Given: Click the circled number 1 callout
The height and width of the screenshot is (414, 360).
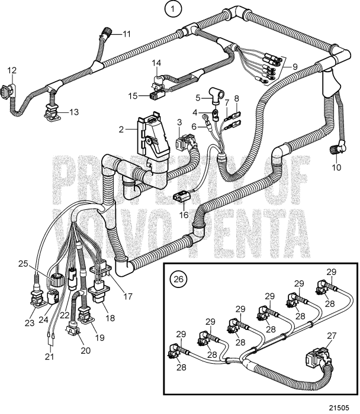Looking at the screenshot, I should (x=172, y=9).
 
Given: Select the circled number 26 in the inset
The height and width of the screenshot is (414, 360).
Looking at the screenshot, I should (x=177, y=276).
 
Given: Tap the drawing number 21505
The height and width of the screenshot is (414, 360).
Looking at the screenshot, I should (x=341, y=406).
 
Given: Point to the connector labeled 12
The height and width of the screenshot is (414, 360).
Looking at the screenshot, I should (x=13, y=93).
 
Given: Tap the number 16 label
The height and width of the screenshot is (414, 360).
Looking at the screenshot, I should (x=184, y=215).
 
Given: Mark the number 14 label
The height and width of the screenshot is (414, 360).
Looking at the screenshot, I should (x=156, y=63).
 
